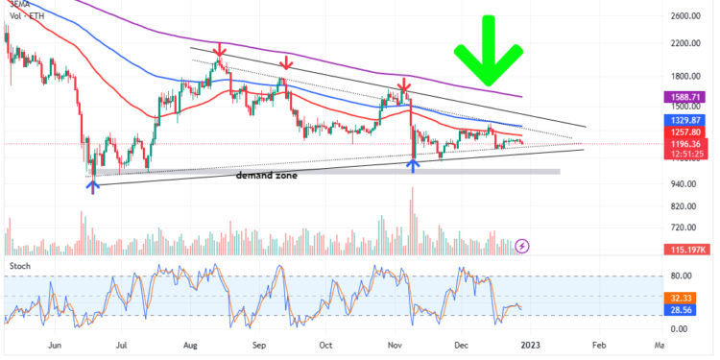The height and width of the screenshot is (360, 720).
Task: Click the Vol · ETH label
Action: click(26, 16)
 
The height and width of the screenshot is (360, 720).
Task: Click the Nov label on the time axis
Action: click(395, 344)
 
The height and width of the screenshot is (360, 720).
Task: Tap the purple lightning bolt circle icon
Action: click(522, 246)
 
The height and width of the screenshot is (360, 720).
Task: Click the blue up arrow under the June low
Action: click(92, 185)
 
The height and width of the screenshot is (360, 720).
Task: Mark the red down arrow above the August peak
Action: click(221, 48)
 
